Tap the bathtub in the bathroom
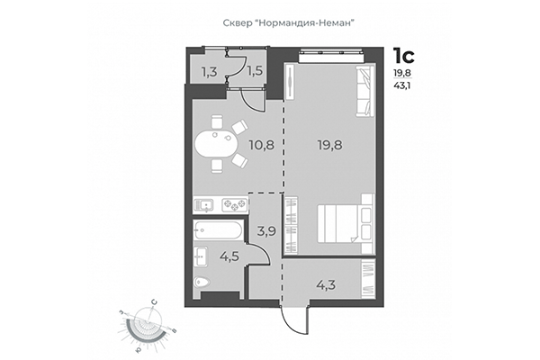(218, 230)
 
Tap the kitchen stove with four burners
(235, 205)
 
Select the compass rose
(144, 326)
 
